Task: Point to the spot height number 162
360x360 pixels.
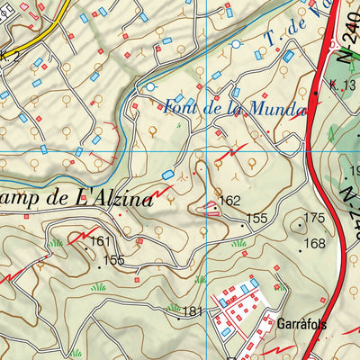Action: click(230, 202)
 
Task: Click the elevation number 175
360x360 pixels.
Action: click(313, 218)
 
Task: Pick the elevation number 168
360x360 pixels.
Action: click(314, 243)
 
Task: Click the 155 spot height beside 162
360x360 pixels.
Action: click(257, 218)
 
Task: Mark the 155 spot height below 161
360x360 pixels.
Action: click(113, 260)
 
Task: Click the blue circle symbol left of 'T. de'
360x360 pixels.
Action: click(237, 43)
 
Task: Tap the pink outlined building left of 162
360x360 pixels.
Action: click(210, 208)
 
